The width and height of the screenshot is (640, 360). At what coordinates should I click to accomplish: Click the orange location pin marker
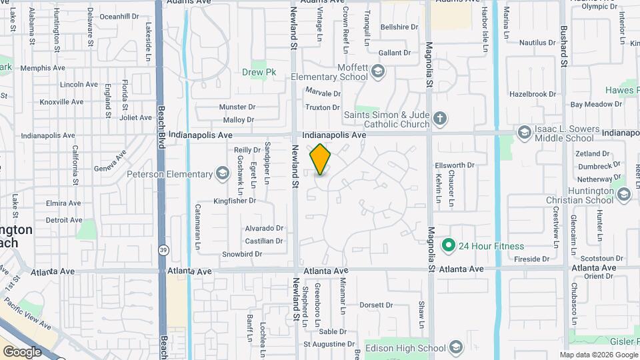point(321,159)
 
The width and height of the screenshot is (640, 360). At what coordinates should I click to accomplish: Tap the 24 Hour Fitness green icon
point(449,245)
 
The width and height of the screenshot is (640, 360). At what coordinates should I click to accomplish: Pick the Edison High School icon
point(455,348)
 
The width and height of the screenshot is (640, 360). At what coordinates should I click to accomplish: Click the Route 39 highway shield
point(163,251)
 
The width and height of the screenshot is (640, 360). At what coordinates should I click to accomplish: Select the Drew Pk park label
point(254,72)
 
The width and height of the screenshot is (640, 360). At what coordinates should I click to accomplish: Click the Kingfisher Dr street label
point(235,200)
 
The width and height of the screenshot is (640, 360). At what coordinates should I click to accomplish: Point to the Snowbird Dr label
point(242,253)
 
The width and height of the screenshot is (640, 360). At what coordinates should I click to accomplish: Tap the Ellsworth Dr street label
point(454,165)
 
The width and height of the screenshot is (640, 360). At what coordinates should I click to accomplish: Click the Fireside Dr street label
point(531,259)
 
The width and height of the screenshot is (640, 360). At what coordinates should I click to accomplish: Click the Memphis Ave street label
point(42,68)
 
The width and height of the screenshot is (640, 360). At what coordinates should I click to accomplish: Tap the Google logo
point(22,351)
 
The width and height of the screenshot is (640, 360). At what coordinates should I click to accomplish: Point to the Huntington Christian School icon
point(624,194)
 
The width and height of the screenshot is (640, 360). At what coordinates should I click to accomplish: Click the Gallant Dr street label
point(394,53)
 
